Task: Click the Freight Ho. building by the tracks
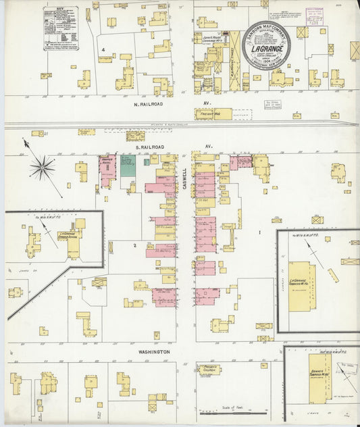[x=213, y=114]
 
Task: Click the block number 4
[x=103, y=50]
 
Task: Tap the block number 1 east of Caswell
[x=259, y=233]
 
